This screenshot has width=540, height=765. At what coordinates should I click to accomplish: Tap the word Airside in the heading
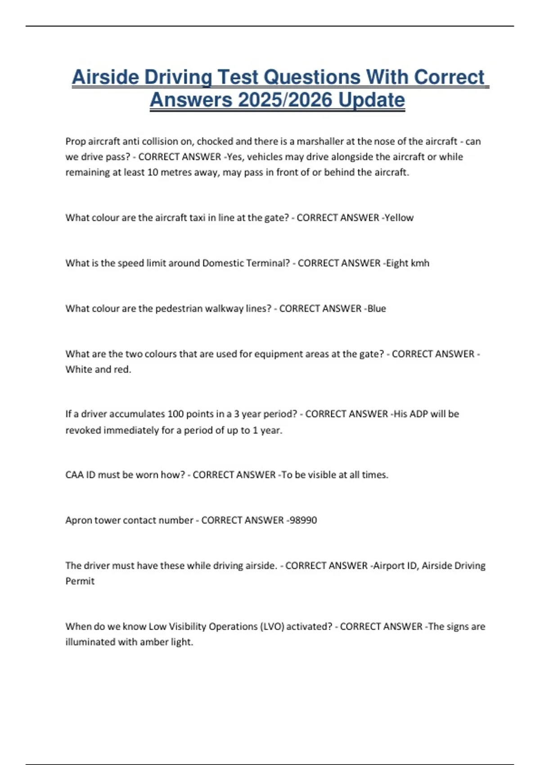[105, 77]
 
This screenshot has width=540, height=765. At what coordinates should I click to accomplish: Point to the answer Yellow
[399, 218]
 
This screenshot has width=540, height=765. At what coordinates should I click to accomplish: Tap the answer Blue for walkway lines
[377, 309]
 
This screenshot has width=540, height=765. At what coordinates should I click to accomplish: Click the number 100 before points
[175, 414]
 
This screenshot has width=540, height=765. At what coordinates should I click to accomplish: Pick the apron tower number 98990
[303, 520]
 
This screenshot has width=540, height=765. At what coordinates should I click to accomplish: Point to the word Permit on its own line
[80, 581]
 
